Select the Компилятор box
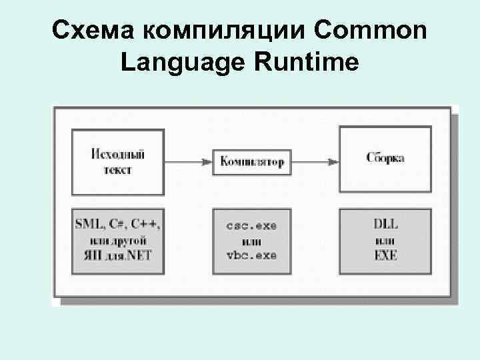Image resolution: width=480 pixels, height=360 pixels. pos(252,162)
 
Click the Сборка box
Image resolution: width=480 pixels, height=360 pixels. pos(385,159)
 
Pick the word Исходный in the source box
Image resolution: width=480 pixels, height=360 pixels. pos(117,154)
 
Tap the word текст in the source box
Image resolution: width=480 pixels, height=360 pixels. pos(117,170)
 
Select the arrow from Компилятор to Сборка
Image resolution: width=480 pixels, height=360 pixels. pos(315,161)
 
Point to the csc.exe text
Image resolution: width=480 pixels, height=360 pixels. pos(251,226)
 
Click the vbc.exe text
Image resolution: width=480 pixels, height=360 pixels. pos(251,255)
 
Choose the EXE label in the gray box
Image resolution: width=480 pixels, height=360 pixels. pos(385,255)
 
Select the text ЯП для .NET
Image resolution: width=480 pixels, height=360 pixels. pos(117,255)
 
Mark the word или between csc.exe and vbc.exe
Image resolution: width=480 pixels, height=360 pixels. pos(251,241)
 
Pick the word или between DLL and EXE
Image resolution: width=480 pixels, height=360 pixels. pos(385,240)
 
